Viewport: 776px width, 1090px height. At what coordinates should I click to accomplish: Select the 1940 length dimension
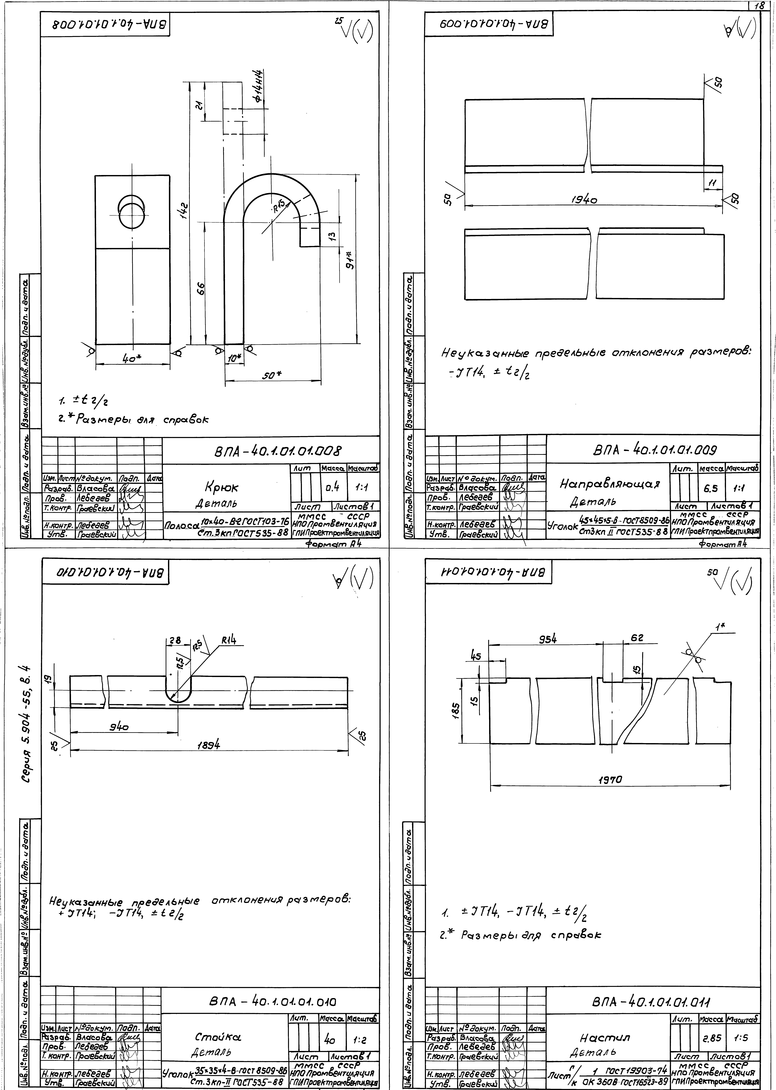tap(584, 201)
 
